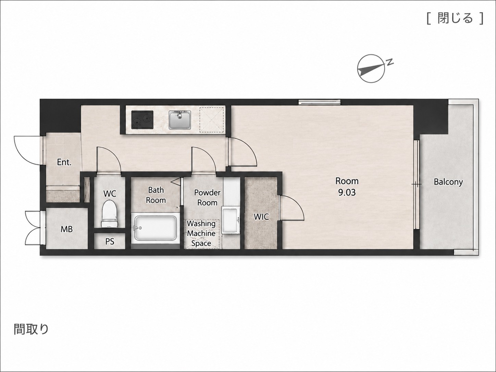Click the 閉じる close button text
coord(455,18)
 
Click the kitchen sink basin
coord(179,120)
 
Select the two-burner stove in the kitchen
coord(142,120)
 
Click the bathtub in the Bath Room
coord(156,228)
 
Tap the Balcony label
coord(448,182)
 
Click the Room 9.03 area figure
coord(347,192)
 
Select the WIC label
coord(261,217)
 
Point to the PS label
coord(110,242)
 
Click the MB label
coord(67,229)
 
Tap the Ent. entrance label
coord(64,162)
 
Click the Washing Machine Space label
coord(201,233)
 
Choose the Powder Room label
coord(207,198)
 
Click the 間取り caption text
coord(31,329)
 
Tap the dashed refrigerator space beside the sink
coord(211,120)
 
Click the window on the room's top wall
coord(320,102)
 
